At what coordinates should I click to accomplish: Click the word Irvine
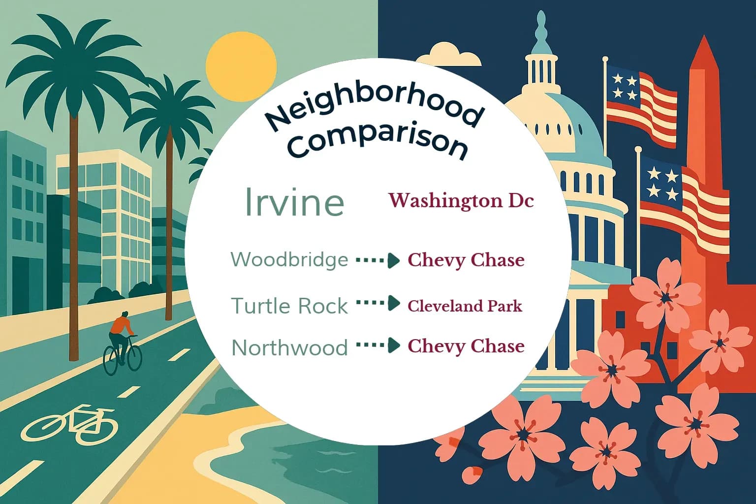(294, 201)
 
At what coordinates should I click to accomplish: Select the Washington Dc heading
(461, 200)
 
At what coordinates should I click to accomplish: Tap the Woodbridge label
(289, 259)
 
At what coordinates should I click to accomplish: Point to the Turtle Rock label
(289, 306)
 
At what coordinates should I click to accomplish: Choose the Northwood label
(289, 347)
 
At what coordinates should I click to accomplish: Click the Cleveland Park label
(465, 306)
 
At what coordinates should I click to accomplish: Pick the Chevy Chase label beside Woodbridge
(466, 260)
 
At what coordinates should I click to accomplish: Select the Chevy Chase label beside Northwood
(466, 346)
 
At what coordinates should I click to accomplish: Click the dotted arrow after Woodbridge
(378, 260)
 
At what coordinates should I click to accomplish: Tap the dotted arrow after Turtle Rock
(378, 303)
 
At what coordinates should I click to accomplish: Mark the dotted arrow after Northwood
(378, 346)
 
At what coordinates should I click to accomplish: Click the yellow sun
(241, 67)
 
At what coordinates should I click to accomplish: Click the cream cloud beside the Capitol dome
(455, 54)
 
